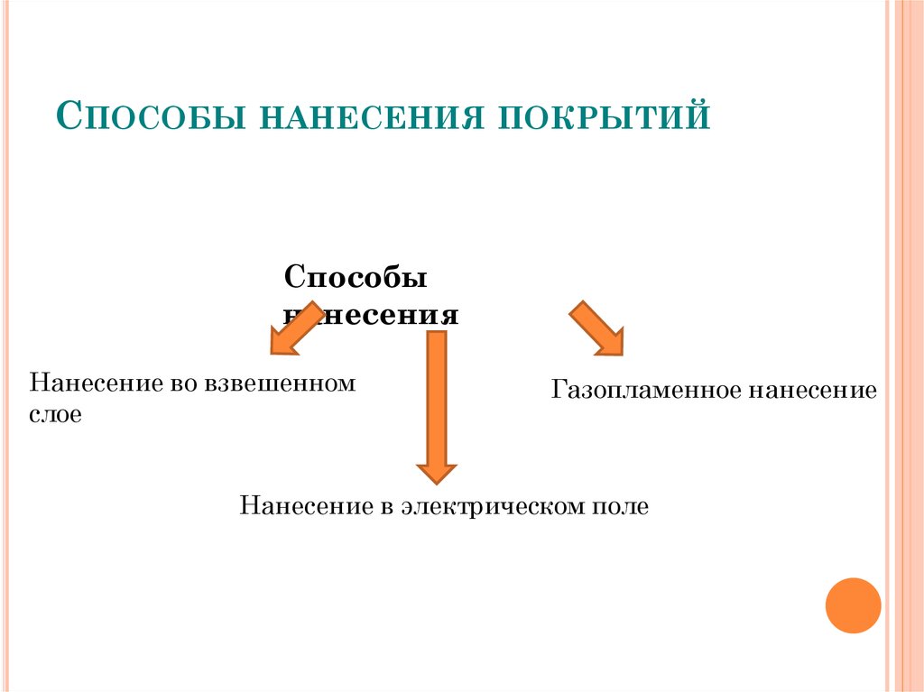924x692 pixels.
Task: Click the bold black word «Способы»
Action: click(356, 279)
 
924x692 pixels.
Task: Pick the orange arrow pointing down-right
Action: click(596, 328)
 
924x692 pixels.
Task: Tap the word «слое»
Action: click(56, 416)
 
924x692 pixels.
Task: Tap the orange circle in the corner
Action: click(853, 604)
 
